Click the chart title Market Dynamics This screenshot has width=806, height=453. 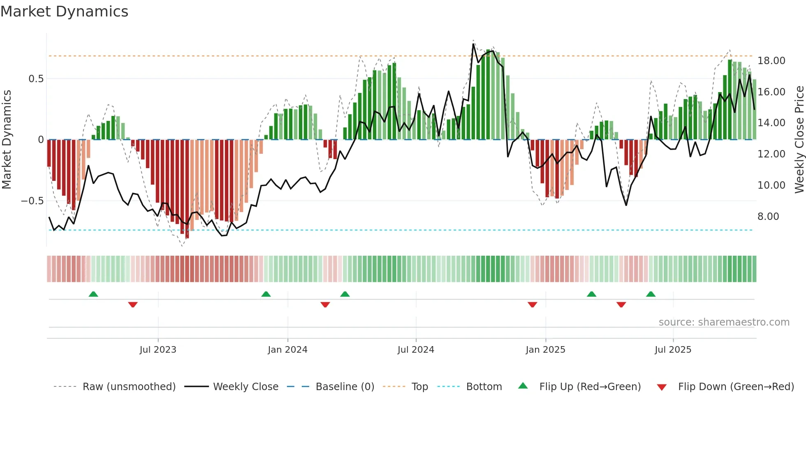pyautogui.click(x=64, y=12)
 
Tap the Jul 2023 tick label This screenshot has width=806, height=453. pyautogui.click(x=158, y=350)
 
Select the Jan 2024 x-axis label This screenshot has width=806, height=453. pyautogui.click(x=287, y=350)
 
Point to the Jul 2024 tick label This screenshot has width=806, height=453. pyautogui.click(x=416, y=350)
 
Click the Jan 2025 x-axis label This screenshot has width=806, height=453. pyautogui.click(x=545, y=350)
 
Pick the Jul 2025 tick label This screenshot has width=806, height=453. pyautogui.click(x=673, y=350)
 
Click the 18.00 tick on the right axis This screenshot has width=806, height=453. pyautogui.click(x=771, y=61)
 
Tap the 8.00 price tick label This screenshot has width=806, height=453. pyautogui.click(x=768, y=217)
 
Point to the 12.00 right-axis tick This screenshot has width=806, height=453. pyautogui.click(x=771, y=154)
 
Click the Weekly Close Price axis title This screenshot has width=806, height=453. pyautogui.click(x=799, y=140)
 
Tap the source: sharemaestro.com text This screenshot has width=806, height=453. pyautogui.click(x=724, y=322)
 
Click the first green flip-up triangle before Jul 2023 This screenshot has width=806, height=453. pyautogui.click(x=93, y=294)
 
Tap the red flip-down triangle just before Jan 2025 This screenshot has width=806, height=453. pyautogui.click(x=532, y=305)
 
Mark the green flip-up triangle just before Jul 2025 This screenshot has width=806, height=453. pyautogui.click(x=651, y=294)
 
